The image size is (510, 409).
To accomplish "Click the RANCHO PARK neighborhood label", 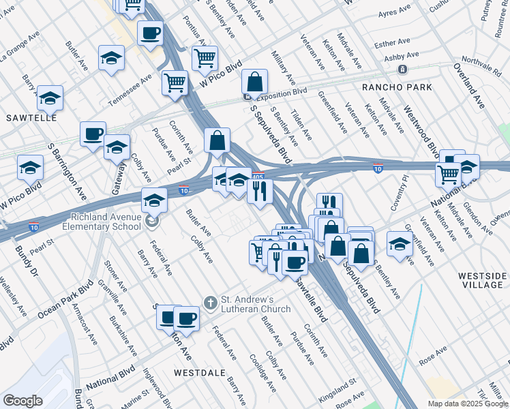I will (x=397, y=87).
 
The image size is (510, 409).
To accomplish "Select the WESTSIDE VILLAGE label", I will (x=482, y=281).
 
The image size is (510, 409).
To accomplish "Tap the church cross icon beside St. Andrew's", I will (x=211, y=302).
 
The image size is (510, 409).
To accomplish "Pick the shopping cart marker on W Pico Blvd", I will (x=205, y=57).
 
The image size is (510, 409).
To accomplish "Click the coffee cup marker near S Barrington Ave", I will (x=93, y=133).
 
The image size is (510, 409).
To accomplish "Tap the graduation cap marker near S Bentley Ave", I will (x=400, y=244).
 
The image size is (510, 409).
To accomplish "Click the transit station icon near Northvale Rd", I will (x=403, y=69).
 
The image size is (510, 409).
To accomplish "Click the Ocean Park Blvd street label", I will (x=65, y=300).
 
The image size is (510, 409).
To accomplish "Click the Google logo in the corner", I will (x=22, y=401).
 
